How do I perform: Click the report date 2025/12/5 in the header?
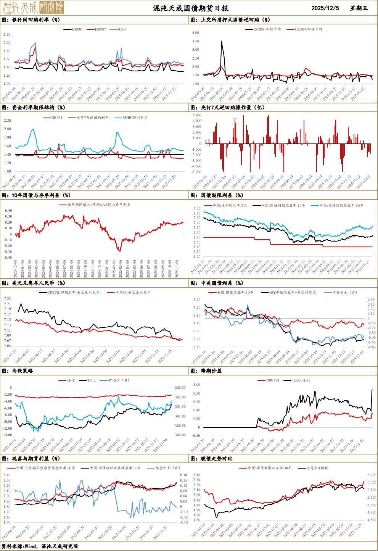pos(325,8)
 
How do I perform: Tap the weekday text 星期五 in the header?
pos(359,8)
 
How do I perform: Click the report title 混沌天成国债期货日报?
pos(191,8)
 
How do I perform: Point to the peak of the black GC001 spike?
pos(222,42)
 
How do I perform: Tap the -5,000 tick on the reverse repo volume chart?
pos(196,172)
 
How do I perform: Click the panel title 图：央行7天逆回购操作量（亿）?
pos(227,108)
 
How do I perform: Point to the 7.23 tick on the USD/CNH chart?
pos(8,299)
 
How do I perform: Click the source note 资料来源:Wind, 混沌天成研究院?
pos(40,546)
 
